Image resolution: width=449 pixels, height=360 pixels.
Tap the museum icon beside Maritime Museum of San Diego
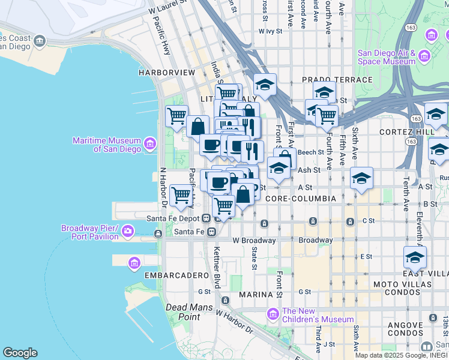click(149, 144)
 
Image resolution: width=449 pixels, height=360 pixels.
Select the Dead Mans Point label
click(182, 312)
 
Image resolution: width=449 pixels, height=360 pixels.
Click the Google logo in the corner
click(20, 353)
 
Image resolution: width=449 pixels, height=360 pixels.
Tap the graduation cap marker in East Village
click(415, 257)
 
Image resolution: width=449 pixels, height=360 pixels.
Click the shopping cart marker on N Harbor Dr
click(181, 195)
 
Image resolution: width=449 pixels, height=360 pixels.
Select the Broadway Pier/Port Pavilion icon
click(128, 230)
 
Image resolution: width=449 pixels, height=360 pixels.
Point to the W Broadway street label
click(253, 241)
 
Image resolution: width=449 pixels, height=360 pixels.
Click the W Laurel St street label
click(167, 10)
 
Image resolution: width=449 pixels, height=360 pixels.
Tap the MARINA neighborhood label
click(256, 295)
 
